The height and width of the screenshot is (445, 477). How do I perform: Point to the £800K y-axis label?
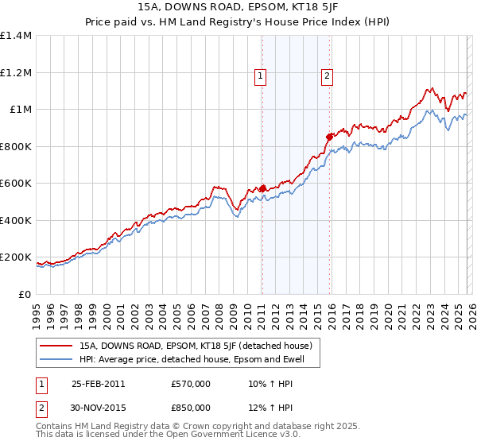point(16,146)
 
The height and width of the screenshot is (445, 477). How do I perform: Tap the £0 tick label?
point(24,294)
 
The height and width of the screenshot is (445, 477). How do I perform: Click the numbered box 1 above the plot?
point(261,76)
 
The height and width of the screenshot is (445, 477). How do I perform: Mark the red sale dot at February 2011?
point(262,188)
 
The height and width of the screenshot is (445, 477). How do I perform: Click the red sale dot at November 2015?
point(329,137)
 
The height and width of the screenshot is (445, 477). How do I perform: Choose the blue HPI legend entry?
point(197,360)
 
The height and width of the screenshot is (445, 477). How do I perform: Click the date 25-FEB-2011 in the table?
point(98,383)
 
